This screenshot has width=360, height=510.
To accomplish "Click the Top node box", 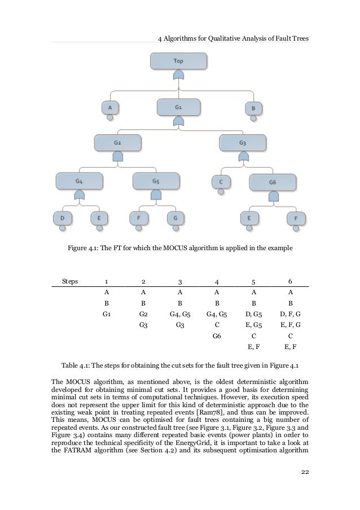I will tap(178, 60).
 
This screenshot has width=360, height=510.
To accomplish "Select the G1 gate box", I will tap(178, 106).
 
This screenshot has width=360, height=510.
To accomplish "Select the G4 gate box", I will tap(79, 181).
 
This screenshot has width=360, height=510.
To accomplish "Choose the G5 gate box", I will tap(156, 181).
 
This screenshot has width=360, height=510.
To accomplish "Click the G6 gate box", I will tap(273, 182).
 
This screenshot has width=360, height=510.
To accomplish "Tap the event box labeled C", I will tap(220, 181).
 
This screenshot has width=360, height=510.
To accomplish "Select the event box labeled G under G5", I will tap(175, 217).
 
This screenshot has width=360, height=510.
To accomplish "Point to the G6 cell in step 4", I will tap(216, 335).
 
